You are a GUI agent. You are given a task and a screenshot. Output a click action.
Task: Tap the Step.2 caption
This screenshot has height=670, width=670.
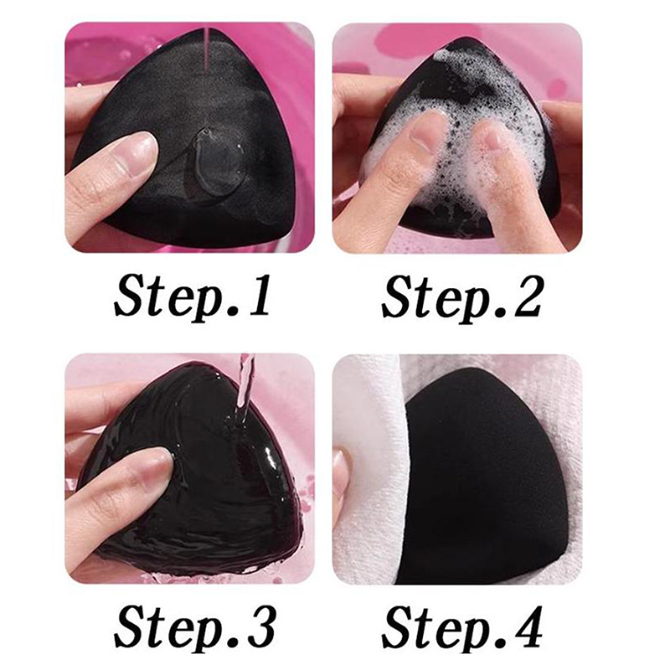461,297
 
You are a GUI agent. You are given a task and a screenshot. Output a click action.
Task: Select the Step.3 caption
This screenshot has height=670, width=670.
194,627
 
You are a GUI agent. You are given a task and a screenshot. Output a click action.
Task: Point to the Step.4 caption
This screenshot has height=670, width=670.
462,627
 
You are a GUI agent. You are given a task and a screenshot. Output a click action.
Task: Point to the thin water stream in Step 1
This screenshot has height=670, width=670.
207,52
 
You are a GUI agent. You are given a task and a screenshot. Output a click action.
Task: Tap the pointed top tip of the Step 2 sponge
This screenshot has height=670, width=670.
461,40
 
